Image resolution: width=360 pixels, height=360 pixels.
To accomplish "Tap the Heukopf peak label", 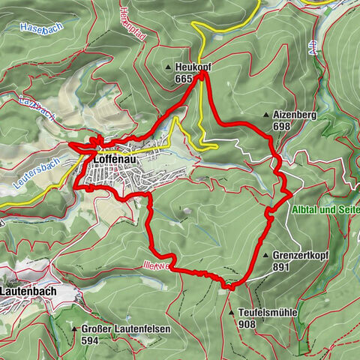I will (193, 67).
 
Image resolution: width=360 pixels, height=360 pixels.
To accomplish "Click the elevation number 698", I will (281, 127).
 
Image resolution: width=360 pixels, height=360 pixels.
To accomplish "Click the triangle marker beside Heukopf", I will (169, 67).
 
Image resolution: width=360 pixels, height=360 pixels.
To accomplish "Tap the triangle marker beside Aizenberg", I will (266, 115).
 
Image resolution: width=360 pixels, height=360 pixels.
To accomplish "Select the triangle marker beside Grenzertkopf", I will (265, 256).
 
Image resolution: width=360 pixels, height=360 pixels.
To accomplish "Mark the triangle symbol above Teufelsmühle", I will (231, 313).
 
